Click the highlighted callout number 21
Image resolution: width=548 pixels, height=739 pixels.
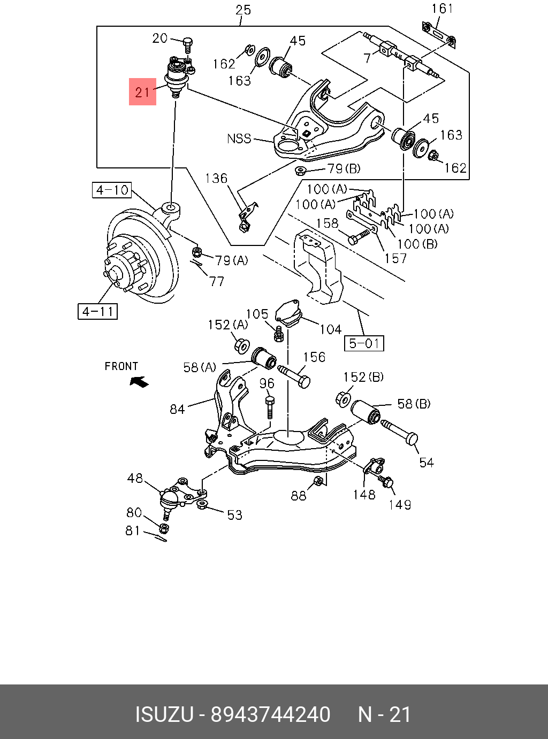(142, 92)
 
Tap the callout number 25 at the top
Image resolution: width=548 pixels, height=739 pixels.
(243, 10)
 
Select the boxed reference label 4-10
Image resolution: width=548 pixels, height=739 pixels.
(112, 190)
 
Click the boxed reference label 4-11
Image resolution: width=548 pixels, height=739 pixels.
(98, 312)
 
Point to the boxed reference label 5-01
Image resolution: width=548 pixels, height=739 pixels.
(364, 343)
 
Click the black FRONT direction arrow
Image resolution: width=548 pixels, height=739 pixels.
(139, 381)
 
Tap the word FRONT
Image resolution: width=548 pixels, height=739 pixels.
(121, 366)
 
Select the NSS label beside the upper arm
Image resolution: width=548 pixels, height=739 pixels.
(239, 138)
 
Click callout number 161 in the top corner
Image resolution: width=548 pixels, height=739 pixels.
(442, 9)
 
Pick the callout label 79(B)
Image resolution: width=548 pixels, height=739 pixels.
(344, 168)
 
